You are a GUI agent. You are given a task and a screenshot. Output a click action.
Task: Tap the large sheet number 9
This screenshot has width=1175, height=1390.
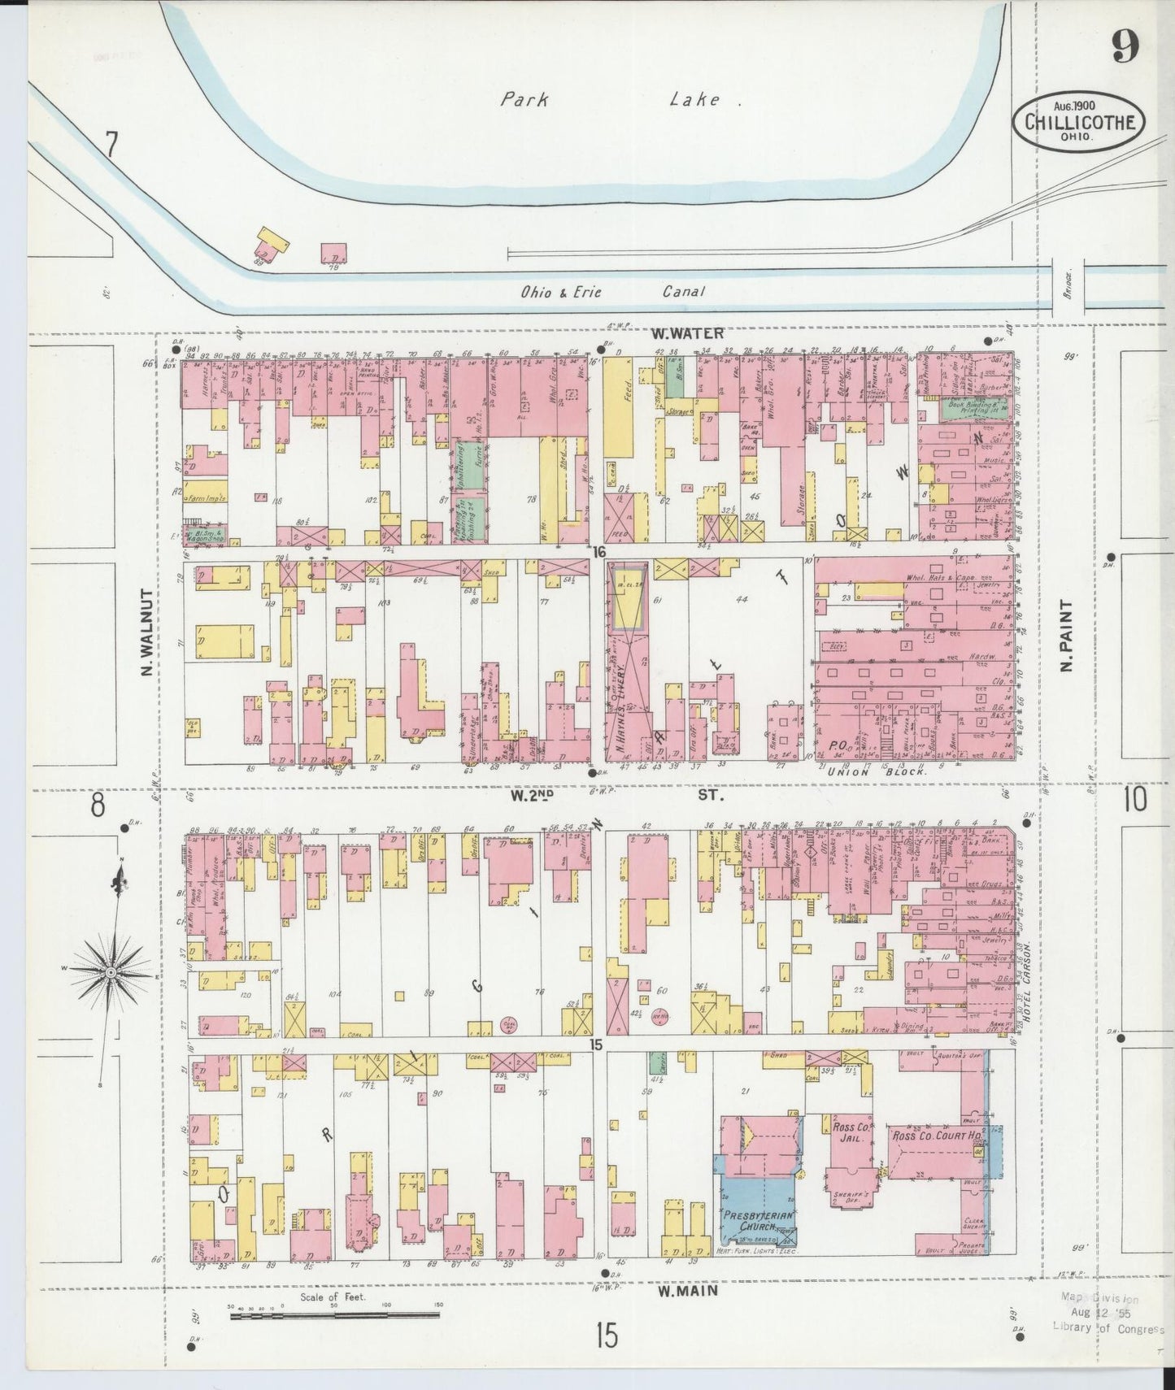pyautogui.click(x=1125, y=50)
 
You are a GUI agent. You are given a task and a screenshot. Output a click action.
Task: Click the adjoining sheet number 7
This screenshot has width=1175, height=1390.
pyautogui.click(x=111, y=146)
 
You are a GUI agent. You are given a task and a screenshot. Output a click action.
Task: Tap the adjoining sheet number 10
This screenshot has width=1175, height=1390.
pyautogui.click(x=1134, y=800)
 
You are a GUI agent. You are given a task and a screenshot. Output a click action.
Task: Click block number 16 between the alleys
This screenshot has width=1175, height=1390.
pyautogui.click(x=599, y=552)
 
